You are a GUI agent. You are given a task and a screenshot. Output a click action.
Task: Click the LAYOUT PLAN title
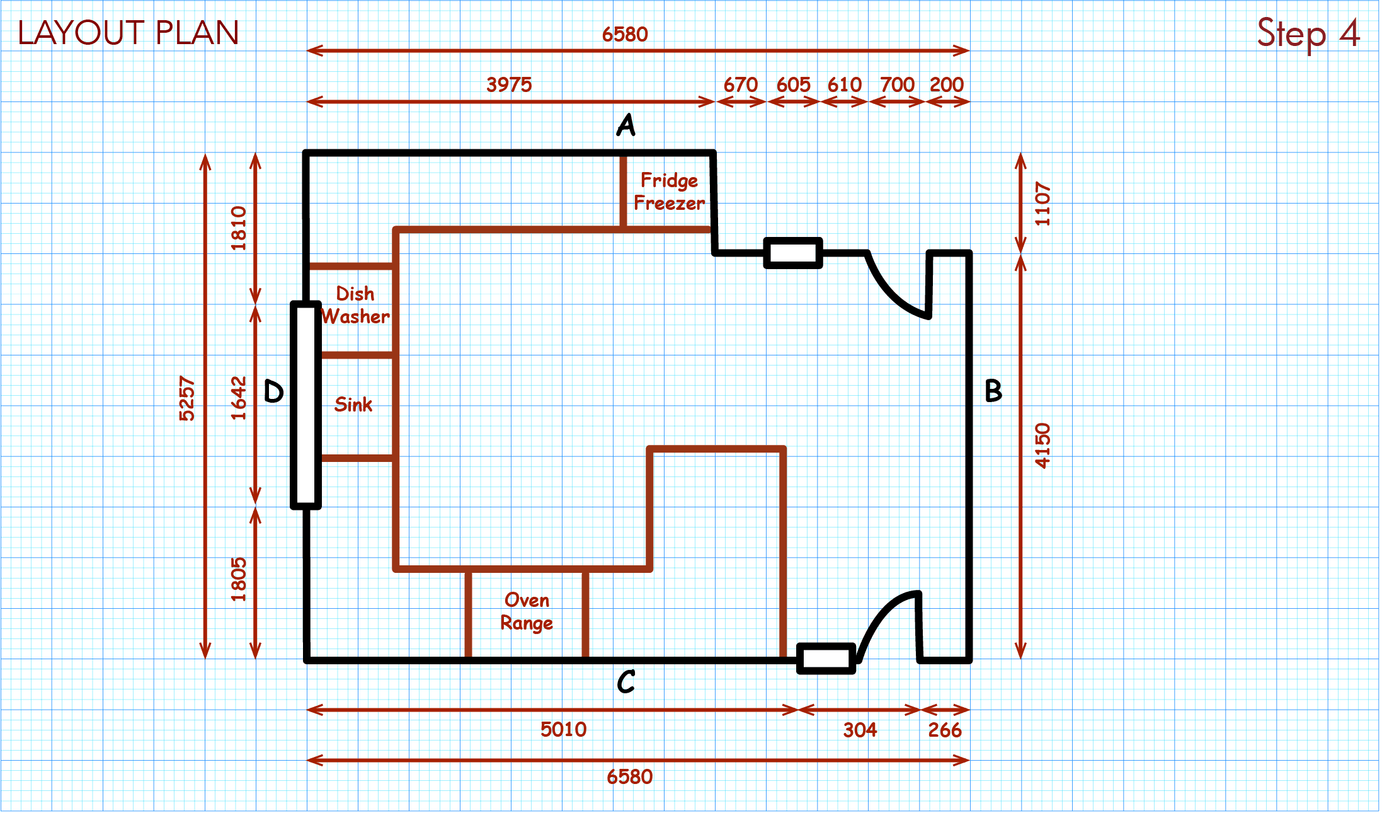pyautogui.click(x=128, y=33)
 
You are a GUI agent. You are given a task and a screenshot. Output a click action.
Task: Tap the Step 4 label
pyautogui.click(x=1308, y=33)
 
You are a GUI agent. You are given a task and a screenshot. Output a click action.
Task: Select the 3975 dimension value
pyautogui.click(x=509, y=84)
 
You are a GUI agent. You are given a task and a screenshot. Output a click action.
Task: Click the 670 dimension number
pyautogui.click(x=740, y=84)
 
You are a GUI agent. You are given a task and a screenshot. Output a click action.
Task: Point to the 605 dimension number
pyautogui.click(x=793, y=84)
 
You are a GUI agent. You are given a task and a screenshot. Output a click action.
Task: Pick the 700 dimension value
pyautogui.click(x=897, y=84)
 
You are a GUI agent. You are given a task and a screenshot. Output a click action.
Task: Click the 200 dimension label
pyautogui.click(x=946, y=84)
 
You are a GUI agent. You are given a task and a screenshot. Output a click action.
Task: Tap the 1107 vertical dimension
pyautogui.click(x=1043, y=204)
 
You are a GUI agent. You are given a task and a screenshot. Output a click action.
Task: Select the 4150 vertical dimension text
pyautogui.click(x=1043, y=446)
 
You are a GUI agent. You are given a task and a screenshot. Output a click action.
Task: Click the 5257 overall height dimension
pyautogui.click(x=187, y=398)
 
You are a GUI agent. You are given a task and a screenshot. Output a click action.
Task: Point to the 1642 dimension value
pyautogui.click(x=238, y=398)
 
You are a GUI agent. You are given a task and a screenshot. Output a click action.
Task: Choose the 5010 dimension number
pyautogui.click(x=563, y=729)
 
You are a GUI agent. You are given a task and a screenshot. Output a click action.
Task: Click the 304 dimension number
pyautogui.click(x=860, y=730)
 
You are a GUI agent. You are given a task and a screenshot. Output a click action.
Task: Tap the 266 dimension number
pyautogui.click(x=944, y=730)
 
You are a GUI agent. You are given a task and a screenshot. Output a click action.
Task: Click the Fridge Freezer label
pyautogui.click(x=669, y=192)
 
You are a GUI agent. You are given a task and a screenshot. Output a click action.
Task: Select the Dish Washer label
pyautogui.click(x=355, y=305)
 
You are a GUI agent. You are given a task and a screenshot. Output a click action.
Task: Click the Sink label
pyautogui.click(x=353, y=405)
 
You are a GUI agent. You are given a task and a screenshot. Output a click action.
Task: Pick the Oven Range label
pyautogui.click(x=527, y=611)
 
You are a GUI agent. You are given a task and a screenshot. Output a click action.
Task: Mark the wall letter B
pyautogui.click(x=993, y=391)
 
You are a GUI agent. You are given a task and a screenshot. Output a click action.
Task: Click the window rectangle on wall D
pyautogui.click(x=306, y=405)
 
